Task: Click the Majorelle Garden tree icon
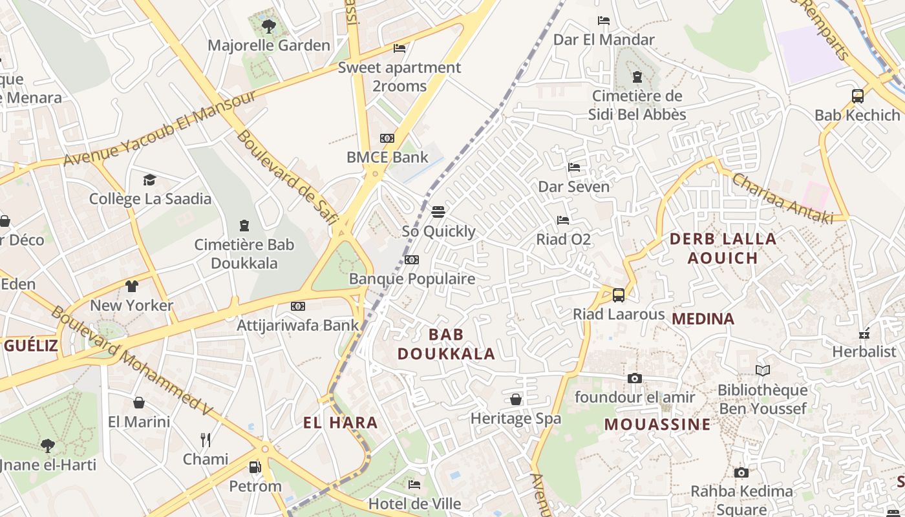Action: (269, 26)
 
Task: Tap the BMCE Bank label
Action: (387, 157)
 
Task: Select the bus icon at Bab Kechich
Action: (858, 96)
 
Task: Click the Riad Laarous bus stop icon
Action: (619, 295)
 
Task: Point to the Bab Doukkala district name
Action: (446, 344)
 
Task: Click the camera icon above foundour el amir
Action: (635, 378)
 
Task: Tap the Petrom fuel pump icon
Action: (255, 467)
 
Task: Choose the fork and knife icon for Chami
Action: (206, 440)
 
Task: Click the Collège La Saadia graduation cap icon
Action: (150, 180)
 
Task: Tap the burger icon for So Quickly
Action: (438, 211)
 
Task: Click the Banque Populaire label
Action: (412, 279)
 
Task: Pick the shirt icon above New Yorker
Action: (132, 286)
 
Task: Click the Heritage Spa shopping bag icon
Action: (516, 399)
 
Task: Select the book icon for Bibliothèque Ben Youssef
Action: (763, 370)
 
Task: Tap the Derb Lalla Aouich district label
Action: (723, 248)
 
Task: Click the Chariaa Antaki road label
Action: (782, 198)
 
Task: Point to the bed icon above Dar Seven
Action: (574, 167)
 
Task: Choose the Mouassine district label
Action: (657, 425)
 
